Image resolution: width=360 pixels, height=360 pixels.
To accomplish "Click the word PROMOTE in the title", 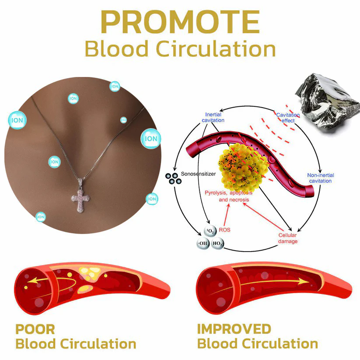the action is coord(180,22).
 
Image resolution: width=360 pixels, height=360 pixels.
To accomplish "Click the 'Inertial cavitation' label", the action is coord(213,117).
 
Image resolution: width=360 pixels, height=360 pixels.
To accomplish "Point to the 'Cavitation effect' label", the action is coord(288,118).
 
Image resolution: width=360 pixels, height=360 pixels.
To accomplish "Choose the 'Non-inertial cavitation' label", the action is coord(321,178).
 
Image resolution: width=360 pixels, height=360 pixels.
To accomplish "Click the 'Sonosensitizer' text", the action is coord(198,174).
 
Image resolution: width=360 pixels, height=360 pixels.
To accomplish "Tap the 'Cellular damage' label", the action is coord(288,238).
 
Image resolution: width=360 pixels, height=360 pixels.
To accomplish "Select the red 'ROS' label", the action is coord(224,230).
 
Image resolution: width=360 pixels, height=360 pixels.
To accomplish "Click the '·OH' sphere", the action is coord(203,243).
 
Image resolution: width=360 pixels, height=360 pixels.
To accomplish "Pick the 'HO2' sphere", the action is coord(217,243).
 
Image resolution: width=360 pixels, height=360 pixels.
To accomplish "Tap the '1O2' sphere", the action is coord(210,231).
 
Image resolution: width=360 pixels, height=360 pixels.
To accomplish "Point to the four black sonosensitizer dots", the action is coord(173,178).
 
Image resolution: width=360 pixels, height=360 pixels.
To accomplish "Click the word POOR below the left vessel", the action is coord(35,329).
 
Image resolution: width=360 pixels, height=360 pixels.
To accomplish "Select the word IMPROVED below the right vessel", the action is coord(234,329).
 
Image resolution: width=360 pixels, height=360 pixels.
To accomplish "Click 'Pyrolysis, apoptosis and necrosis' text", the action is coord(229,196).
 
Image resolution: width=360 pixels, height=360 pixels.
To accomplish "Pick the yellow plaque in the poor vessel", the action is coord(89,274).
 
